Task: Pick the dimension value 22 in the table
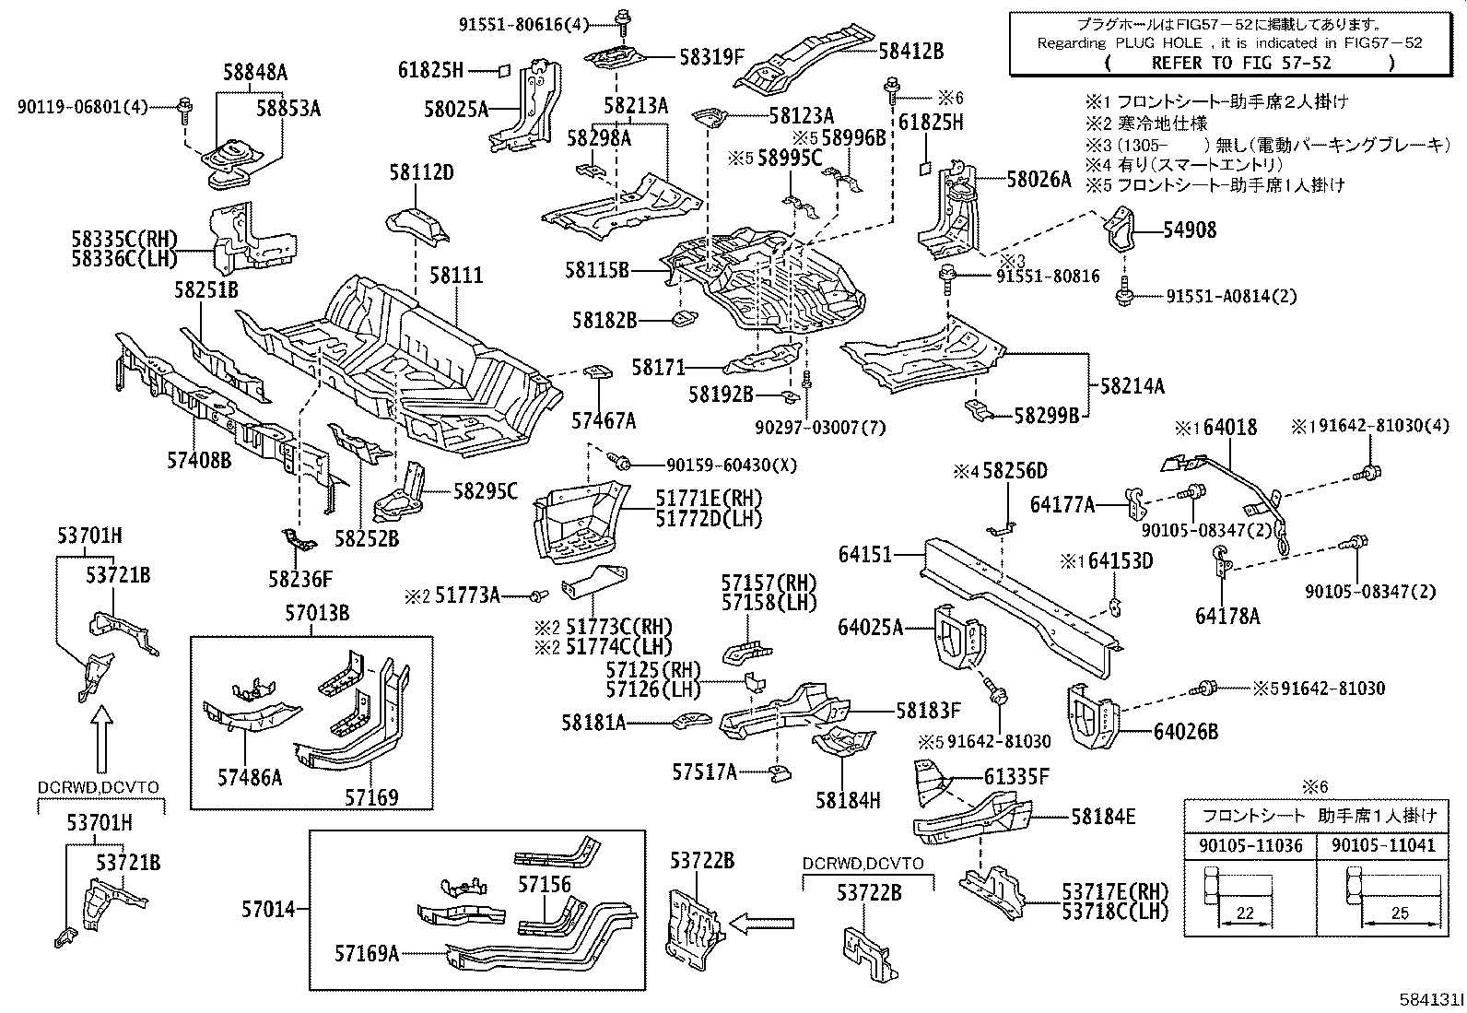(1245, 913)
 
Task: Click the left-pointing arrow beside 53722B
(762, 921)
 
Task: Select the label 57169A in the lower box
(367, 953)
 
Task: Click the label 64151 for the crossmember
(865, 554)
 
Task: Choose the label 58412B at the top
(910, 52)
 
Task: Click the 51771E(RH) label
(709, 499)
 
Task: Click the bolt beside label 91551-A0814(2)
(1124, 296)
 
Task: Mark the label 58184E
(1103, 816)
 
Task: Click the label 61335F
(1016, 777)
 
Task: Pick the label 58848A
(255, 73)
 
